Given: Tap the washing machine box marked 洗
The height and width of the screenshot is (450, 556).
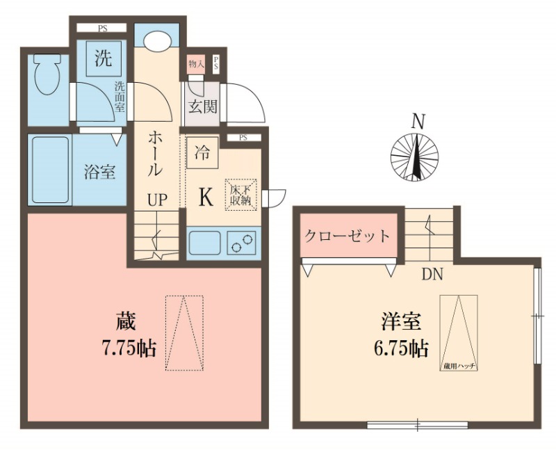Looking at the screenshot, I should point(103,58).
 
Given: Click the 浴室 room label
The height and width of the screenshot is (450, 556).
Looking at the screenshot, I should point(99,172).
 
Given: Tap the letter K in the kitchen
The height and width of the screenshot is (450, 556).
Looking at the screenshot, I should point(206,198).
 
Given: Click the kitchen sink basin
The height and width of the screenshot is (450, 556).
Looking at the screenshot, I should point(204,244).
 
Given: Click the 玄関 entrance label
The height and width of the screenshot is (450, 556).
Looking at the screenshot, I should point(203,107).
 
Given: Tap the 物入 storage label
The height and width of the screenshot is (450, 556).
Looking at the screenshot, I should point(196,65).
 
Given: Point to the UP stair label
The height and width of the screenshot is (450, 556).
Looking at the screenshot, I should point(156,200).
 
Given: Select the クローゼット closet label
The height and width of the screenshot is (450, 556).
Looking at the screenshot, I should point(347,235).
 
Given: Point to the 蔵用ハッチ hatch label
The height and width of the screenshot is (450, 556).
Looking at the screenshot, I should point(458,366).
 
